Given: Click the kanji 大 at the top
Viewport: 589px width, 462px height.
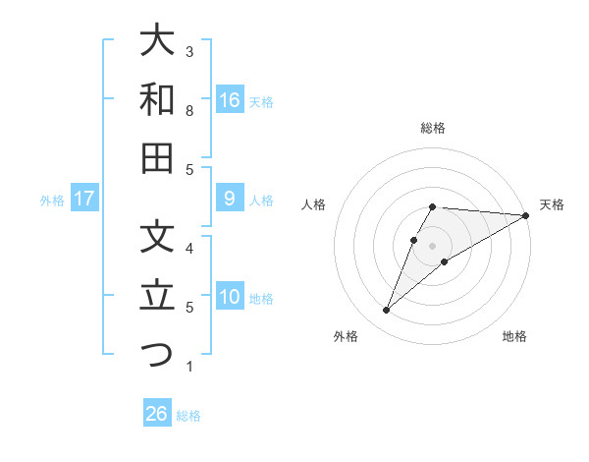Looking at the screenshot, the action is coord(157,41).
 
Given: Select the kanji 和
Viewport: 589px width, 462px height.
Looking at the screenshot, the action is coord(157,99).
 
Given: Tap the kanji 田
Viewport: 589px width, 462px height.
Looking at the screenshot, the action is coord(157,157).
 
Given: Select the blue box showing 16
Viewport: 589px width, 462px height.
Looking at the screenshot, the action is coord(230,100).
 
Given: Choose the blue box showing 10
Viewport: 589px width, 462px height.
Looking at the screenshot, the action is coord(230,298).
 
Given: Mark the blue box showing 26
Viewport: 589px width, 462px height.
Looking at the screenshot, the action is coord(157,415).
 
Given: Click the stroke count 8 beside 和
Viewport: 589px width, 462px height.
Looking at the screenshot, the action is coord(189,111).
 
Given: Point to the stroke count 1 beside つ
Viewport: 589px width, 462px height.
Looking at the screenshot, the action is coord(189,367).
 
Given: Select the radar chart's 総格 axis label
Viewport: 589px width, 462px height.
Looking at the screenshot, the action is coord(433,128).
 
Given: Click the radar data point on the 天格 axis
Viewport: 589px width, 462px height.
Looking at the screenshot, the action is coord(525,215).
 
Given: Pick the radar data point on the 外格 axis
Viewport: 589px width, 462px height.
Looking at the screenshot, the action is coord(386,311).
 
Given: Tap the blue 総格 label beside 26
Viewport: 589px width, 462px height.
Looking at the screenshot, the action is coord(188,416).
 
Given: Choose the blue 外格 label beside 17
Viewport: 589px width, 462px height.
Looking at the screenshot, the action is coord(51,201).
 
